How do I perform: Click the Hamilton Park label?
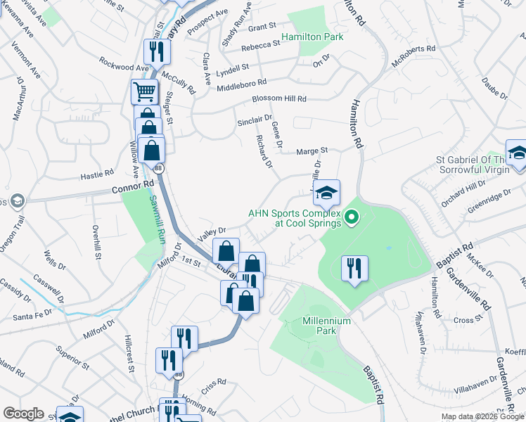(312, 37)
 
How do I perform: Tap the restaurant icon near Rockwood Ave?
(154, 51)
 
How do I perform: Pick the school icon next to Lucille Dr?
(326, 192)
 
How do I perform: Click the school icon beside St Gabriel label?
(517, 154)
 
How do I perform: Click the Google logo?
(23, 414)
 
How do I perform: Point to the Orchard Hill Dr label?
(464, 191)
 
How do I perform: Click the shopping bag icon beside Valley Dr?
(226, 250)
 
